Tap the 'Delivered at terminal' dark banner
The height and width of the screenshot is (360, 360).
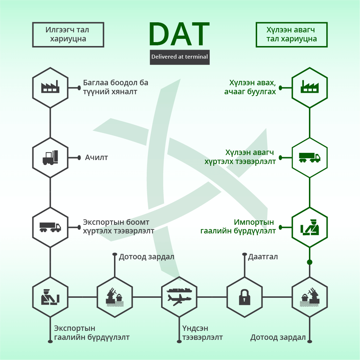(x=179, y=57)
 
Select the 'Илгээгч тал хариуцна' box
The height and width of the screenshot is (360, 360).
(x=68, y=35)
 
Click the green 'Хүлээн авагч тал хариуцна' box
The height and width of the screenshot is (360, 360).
(x=292, y=35)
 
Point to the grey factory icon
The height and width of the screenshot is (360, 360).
(x=50, y=87)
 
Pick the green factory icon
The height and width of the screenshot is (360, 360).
(x=310, y=87)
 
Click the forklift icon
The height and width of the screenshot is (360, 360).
(x=50, y=158)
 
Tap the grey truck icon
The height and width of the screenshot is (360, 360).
(x=50, y=227)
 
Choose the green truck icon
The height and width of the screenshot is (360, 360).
(x=310, y=158)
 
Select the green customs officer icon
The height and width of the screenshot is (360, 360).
(x=310, y=227)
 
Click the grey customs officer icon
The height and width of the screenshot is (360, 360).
(x=50, y=297)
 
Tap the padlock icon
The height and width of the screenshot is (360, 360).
(x=245, y=297)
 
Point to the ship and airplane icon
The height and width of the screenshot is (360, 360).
(x=179, y=297)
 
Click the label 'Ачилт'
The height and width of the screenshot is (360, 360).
(x=96, y=158)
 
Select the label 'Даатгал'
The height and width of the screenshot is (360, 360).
(x=263, y=257)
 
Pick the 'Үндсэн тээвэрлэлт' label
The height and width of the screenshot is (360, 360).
(x=202, y=333)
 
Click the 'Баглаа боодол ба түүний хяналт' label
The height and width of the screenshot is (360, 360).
(x=115, y=87)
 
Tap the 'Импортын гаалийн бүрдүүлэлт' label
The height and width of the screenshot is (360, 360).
(x=238, y=226)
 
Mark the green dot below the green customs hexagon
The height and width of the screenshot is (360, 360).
(x=310, y=262)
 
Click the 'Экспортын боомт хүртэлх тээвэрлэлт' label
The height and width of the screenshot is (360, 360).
(x=118, y=226)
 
